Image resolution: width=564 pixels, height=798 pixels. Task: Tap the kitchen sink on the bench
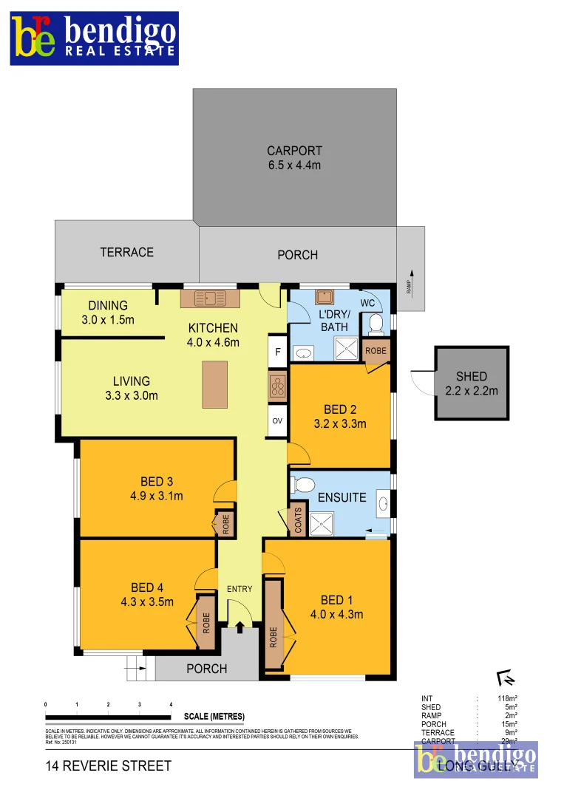(x=211, y=299)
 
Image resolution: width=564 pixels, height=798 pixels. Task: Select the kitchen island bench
(x=216, y=384)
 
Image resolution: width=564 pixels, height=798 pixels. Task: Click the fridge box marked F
(x=277, y=352)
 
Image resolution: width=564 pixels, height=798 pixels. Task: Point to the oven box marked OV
(x=277, y=420)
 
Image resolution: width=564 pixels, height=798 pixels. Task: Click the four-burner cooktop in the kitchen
(x=278, y=386)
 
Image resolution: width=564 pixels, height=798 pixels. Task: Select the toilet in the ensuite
(x=303, y=485)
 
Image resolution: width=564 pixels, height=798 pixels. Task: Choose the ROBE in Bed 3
(x=226, y=524)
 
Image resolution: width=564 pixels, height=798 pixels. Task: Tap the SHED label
(x=472, y=376)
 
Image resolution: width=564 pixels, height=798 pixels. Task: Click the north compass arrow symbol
(x=506, y=678)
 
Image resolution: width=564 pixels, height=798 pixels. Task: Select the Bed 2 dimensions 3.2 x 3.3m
(x=339, y=423)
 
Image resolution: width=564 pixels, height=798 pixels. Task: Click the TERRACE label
(x=126, y=252)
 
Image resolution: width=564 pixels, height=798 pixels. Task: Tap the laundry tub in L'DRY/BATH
(x=325, y=298)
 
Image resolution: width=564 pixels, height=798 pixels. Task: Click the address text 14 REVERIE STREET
(x=108, y=765)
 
